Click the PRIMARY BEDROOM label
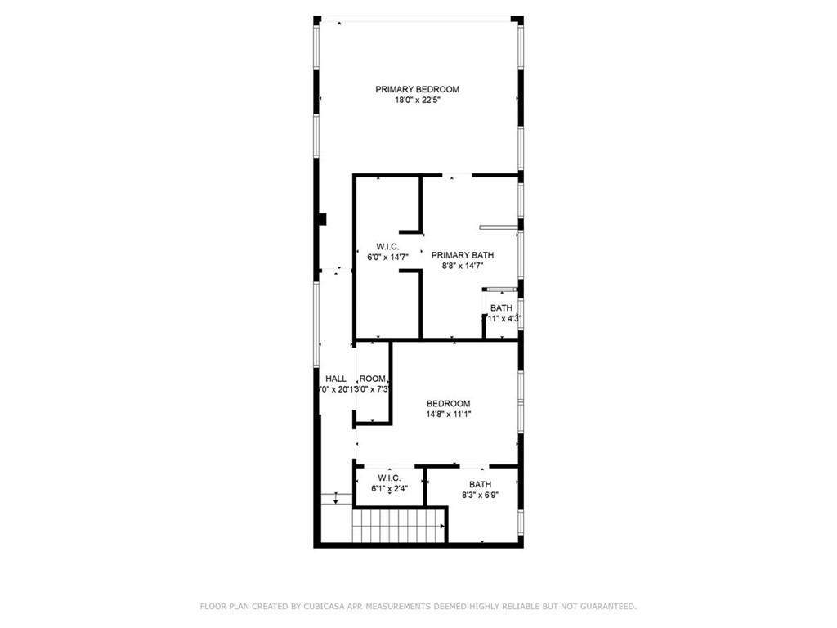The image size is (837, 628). tap(417, 89)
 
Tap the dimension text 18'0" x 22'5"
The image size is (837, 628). tap(417, 101)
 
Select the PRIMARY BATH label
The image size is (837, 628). tap(462, 255)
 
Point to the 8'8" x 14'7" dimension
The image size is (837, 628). tap(462, 266)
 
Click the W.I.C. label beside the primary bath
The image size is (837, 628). tap(387, 246)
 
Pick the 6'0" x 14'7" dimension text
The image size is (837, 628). tap(387, 258)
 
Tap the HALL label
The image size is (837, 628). tap(336, 379)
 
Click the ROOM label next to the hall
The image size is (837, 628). tap(373, 379)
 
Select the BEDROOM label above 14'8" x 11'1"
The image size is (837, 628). tap(449, 403)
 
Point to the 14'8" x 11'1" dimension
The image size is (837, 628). tap(449, 415)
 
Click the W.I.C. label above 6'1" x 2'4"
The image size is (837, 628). tap(389, 478)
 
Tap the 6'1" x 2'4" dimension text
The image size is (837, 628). tap(389, 489)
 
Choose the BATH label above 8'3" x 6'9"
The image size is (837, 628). tap(480, 483)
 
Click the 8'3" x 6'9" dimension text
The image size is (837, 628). tap(480, 495)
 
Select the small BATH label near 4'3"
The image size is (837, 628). tap(501, 307)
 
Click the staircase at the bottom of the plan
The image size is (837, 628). tap(399, 525)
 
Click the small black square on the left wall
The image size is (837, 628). tap(324, 218)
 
